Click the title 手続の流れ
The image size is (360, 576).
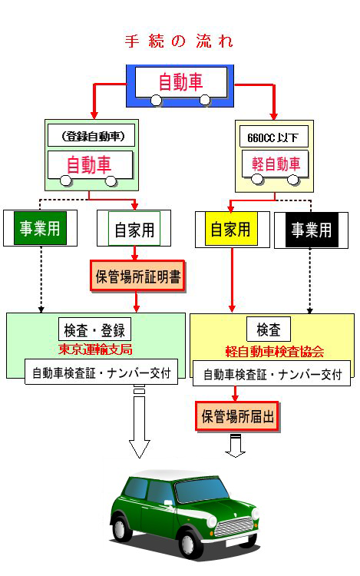(x=179, y=41)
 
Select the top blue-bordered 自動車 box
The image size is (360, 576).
(x=180, y=83)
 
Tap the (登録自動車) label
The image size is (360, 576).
(x=91, y=137)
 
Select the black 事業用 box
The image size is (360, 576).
(x=311, y=229)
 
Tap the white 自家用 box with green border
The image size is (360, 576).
(x=134, y=229)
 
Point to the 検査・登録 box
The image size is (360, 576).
(x=94, y=329)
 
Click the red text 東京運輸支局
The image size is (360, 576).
(x=95, y=349)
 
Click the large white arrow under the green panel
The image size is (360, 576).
(x=140, y=430)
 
